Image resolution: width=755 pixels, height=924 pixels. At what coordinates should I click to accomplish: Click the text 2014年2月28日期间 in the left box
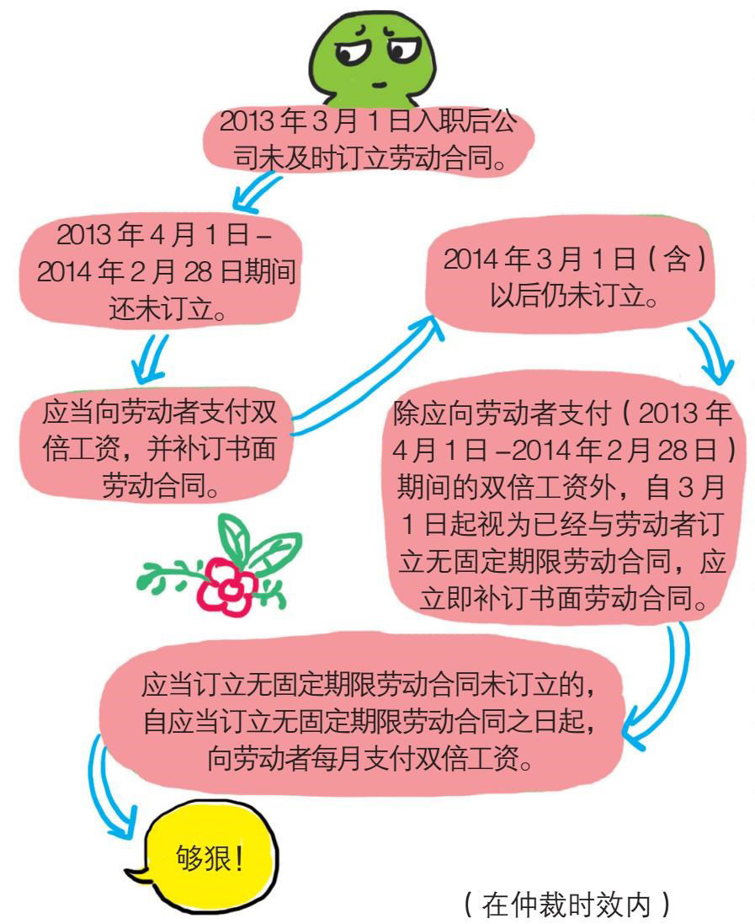(x=159, y=272)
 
